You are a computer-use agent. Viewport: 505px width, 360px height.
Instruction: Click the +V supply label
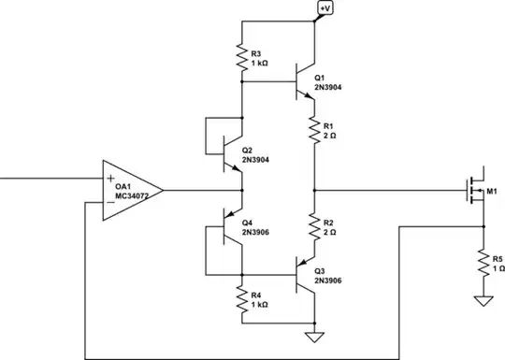(x=325, y=8)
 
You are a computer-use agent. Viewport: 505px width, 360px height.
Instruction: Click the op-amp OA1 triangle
(x=131, y=190)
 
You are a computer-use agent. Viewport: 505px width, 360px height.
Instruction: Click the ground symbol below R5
(x=483, y=302)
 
